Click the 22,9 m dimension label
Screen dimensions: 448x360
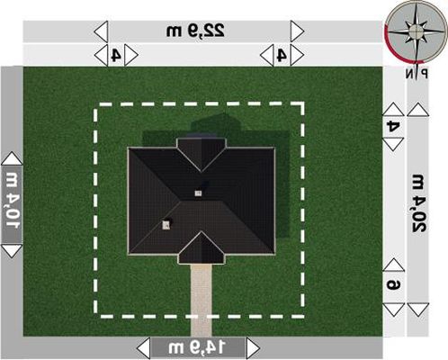point(195,31)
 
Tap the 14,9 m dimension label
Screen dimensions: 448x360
point(196,347)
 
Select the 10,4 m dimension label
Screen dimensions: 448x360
point(12,201)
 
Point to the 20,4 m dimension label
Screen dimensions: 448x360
point(417,203)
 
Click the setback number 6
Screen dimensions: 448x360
point(393,284)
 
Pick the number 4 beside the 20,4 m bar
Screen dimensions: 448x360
point(393,126)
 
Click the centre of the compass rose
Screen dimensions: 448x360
point(416,31)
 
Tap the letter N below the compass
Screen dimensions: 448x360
point(409,74)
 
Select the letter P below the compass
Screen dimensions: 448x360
point(424,74)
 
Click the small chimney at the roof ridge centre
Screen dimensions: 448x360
point(198,193)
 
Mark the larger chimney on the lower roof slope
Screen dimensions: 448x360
point(166,225)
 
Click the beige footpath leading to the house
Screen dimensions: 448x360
point(202,300)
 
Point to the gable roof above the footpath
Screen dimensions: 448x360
point(202,248)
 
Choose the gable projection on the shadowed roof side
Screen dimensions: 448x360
point(202,154)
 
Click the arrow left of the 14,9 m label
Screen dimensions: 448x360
point(143,348)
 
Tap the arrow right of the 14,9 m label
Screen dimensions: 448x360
point(253,348)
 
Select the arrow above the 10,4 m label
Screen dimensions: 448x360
point(12,158)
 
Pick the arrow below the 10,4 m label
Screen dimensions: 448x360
point(12,251)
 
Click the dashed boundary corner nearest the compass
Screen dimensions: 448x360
point(301,105)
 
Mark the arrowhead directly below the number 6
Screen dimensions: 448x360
point(393,310)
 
